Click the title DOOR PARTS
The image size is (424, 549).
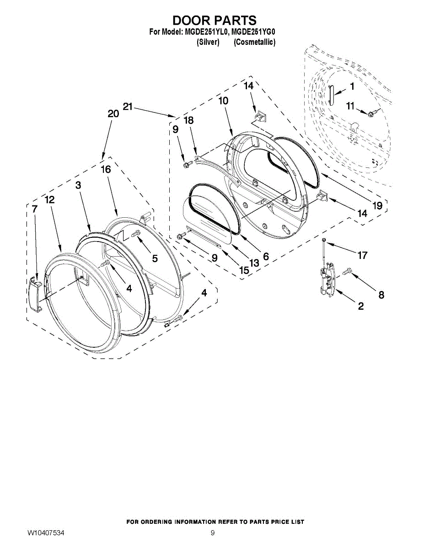point(214,21)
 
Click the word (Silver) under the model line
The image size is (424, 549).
point(208,42)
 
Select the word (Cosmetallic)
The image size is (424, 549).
point(254,42)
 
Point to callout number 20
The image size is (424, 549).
point(113,114)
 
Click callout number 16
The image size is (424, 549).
point(106,169)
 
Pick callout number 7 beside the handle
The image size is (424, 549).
point(35,209)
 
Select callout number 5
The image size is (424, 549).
point(155,258)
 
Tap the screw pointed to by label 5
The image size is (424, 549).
point(136,234)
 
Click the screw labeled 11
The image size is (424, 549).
point(371,112)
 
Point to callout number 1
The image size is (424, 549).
point(352,86)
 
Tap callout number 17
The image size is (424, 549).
point(362,255)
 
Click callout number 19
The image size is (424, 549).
point(377,206)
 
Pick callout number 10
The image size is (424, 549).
point(223,101)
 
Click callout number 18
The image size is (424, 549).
point(188,120)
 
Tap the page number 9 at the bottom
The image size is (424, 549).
point(213,533)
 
